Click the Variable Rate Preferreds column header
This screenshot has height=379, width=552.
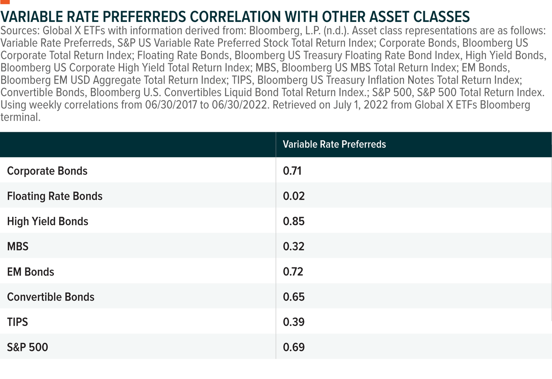click(334, 144)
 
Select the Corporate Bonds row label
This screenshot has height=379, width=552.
click(47, 171)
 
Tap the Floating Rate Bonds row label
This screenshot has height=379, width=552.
click(55, 196)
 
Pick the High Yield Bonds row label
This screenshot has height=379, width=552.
click(47, 221)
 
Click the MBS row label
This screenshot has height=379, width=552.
click(18, 246)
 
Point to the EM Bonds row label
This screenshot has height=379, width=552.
click(31, 272)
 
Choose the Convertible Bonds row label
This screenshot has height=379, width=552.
click(50, 297)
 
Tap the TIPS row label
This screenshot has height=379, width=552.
click(17, 322)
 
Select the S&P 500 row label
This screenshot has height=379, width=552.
click(28, 347)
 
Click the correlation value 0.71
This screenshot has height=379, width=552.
click(292, 171)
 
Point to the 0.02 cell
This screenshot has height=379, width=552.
click(294, 196)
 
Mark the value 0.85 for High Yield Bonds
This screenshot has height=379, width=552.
click(294, 221)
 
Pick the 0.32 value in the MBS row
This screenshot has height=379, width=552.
click(294, 246)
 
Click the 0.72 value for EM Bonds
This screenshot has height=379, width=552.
click(293, 272)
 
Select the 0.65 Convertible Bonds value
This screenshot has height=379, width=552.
click(294, 297)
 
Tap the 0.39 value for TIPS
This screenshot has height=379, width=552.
click(294, 322)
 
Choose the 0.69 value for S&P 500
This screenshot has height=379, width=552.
click(294, 347)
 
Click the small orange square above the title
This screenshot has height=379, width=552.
click(6, 2)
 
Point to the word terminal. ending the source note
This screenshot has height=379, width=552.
click(20, 118)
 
